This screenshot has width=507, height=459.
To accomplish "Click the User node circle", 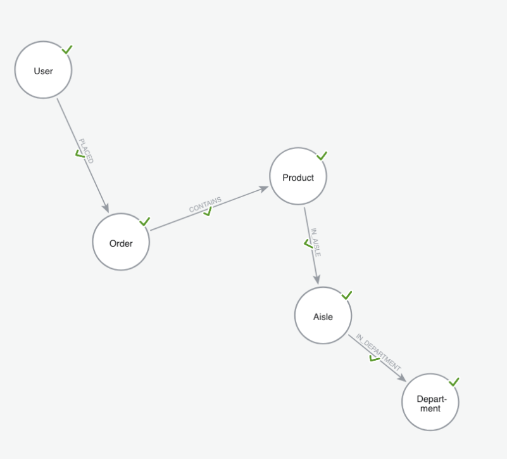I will click(x=43, y=70).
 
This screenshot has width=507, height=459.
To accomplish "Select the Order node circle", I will click(x=121, y=243).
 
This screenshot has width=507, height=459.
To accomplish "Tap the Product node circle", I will click(x=298, y=177).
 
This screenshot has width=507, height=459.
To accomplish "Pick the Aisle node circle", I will click(x=323, y=316).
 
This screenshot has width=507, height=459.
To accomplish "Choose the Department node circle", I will click(x=430, y=403).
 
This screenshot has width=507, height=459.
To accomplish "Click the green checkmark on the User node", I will click(x=67, y=49).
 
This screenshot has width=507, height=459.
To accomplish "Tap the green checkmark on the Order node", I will click(x=144, y=221).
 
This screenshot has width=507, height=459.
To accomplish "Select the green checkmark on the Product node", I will click(x=322, y=155).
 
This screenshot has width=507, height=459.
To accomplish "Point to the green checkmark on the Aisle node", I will click(x=346, y=295).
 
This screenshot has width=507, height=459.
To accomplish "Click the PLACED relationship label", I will click(x=86, y=151).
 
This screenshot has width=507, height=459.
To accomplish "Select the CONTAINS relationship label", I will click(x=205, y=204).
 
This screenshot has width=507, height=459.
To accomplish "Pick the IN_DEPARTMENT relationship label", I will click(x=379, y=352).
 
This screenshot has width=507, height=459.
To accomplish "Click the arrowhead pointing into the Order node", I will click(x=106, y=208).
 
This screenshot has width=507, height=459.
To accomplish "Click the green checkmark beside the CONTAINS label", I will click(x=207, y=212).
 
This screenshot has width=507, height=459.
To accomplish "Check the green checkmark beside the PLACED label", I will click(x=80, y=153).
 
